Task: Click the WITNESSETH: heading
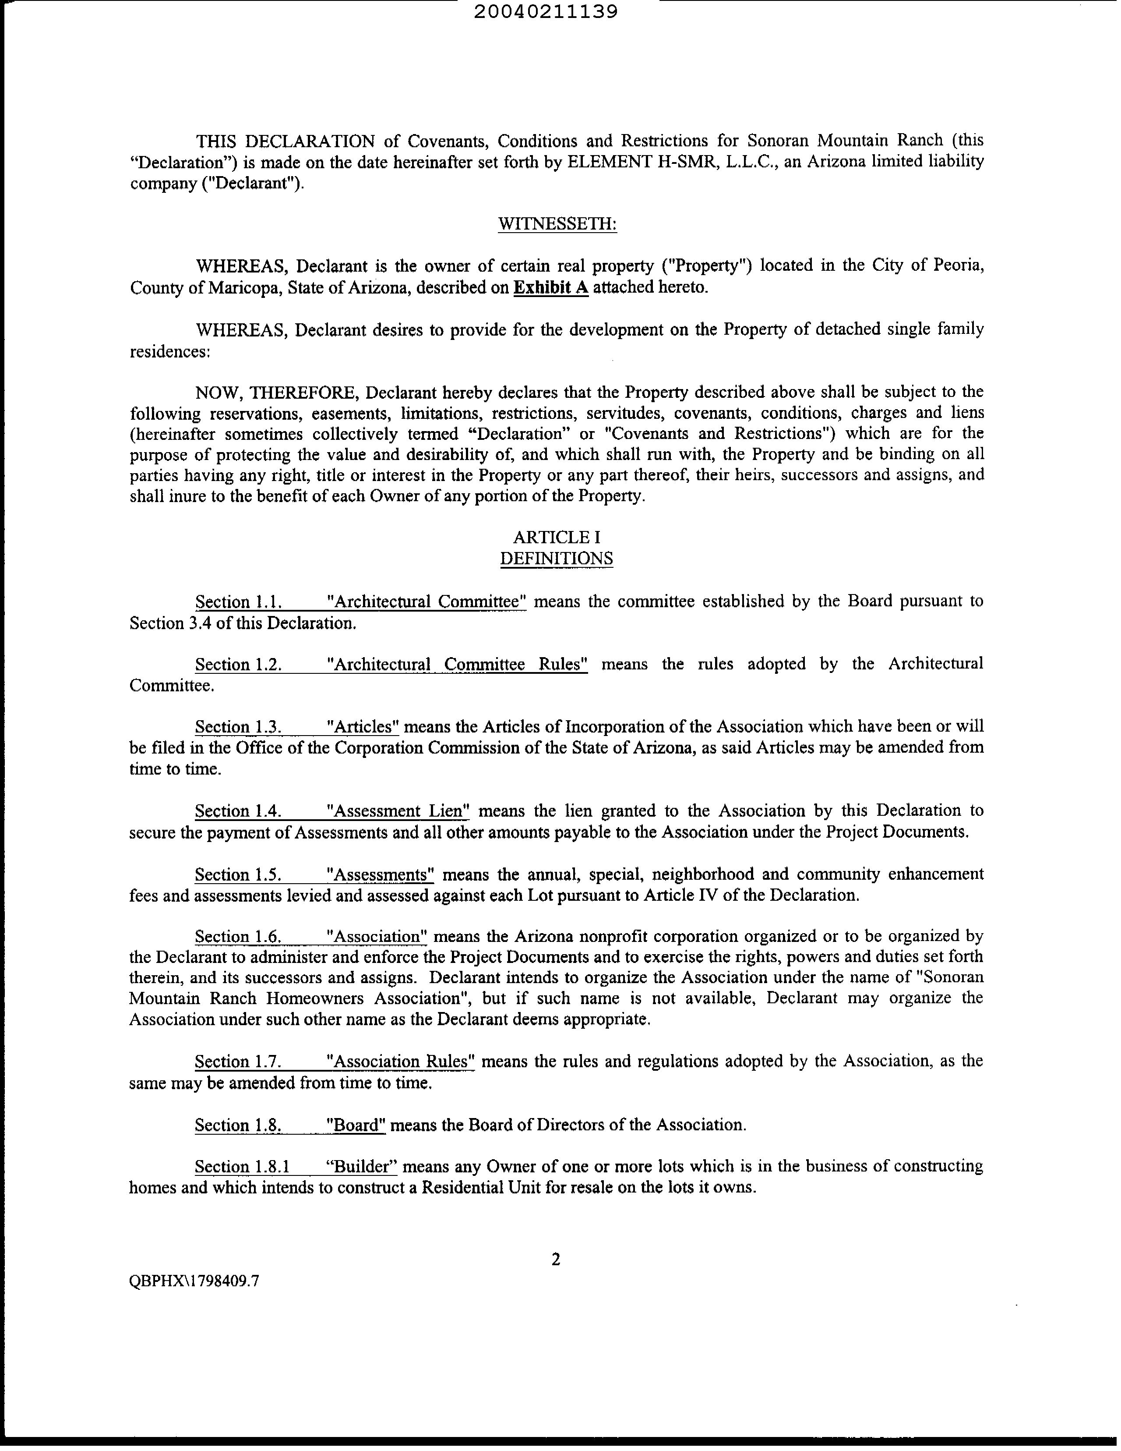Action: (557, 225)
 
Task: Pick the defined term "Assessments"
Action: (381, 874)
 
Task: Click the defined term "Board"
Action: (356, 1125)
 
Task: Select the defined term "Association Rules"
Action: (401, 1061)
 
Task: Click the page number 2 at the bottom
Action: (556, 1259)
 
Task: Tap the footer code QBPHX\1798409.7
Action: (194, 1281)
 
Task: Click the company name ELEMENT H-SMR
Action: (638, 162)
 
